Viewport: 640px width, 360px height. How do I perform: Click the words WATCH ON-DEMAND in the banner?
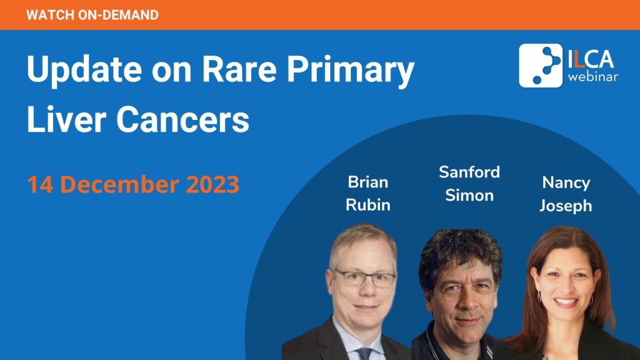92,15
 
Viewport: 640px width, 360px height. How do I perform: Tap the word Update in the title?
84,69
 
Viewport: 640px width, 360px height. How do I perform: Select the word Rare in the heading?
239,69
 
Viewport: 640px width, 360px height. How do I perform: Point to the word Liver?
66,119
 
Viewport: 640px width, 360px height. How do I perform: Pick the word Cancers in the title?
183,119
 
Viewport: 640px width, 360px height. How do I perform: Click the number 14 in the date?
40,184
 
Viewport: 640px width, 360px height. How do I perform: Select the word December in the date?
119,184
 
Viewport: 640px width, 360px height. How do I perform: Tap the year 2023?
212,184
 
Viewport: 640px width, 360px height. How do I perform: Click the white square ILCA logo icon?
541,65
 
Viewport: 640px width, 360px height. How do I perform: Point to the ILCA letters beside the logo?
591,59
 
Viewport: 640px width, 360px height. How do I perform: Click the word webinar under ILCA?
592,77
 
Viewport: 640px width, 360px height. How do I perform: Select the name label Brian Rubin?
368,194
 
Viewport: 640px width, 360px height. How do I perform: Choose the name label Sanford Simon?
469,184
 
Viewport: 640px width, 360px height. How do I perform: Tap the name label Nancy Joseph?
566,194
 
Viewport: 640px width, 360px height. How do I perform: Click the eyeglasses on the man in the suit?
364,278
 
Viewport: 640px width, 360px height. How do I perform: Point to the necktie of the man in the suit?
364,354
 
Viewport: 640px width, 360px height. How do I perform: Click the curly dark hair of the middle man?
460,254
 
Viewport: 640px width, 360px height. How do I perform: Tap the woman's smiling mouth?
566,302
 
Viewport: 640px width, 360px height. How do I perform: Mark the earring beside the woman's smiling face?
539,297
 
